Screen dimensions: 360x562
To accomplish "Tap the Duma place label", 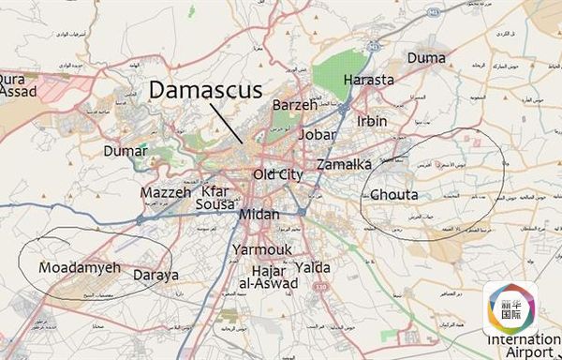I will tap(425, 58).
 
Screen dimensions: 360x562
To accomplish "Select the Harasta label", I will tap(368, 81).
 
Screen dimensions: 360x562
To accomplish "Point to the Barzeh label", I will tap(295, 105).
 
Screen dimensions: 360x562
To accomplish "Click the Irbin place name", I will tap(372, 122).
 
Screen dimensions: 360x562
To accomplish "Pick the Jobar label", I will tap(316, 135).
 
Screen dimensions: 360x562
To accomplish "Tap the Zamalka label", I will tap(344, 164).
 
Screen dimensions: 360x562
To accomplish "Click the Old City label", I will tap(278, 174).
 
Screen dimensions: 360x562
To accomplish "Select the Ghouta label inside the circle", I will tap(394, 195).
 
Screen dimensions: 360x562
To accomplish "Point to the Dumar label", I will tap(126, 151).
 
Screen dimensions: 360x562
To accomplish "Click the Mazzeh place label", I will tap(166, 192).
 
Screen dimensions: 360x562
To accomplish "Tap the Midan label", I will tap(259, 215).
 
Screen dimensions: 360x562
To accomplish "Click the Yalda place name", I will tap(312, 266).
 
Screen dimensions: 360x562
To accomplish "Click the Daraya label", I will tap(155, 277).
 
